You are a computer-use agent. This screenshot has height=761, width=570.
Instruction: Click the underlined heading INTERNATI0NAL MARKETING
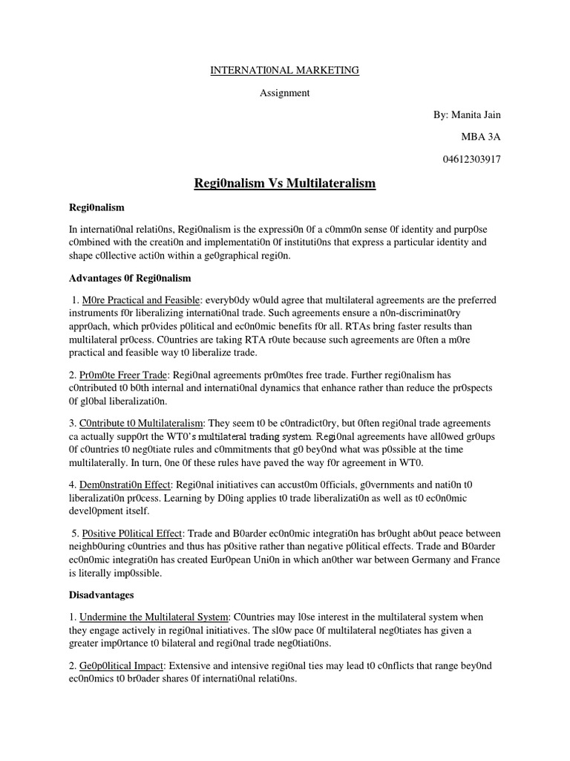click(285, 70)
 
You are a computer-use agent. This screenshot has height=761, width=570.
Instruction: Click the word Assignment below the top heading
click(284, 93)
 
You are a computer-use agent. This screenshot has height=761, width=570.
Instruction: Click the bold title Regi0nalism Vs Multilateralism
click(285, 183)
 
